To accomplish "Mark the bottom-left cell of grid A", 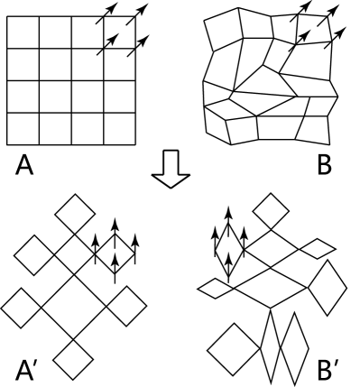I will tap(23, 129).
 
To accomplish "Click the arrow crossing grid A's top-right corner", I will tap(139, 15).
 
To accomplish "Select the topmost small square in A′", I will tap(72, 217).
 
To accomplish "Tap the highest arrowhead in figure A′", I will tap(115, 221).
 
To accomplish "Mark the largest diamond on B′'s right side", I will tap(328, 290).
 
